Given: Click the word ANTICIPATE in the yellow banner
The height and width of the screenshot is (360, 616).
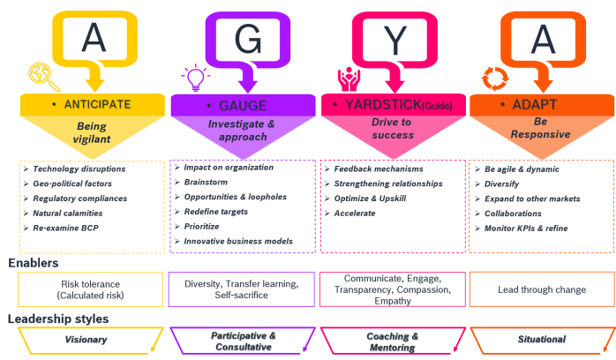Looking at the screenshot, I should pos(96,104).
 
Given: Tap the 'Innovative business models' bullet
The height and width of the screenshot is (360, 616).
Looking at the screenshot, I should pos(238,241).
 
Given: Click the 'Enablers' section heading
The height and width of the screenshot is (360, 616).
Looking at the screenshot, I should pos(34,262).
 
